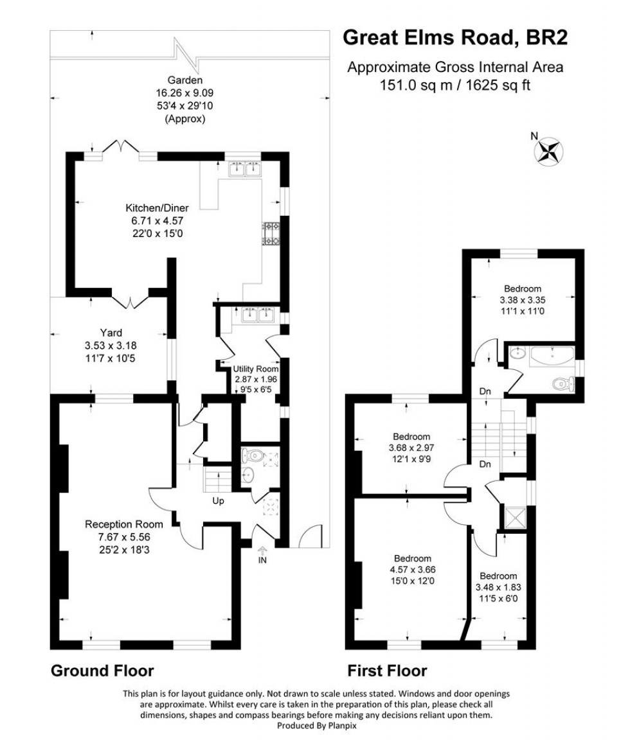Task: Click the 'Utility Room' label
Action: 256,369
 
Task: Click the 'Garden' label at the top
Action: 185,81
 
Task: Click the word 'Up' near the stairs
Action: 218,500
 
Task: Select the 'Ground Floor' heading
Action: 102,671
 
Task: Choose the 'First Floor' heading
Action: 387,671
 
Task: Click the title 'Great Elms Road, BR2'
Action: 455,37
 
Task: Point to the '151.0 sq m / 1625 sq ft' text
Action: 455,85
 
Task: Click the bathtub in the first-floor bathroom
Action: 550,355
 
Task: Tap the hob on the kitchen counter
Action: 270,234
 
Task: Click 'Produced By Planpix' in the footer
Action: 315,725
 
